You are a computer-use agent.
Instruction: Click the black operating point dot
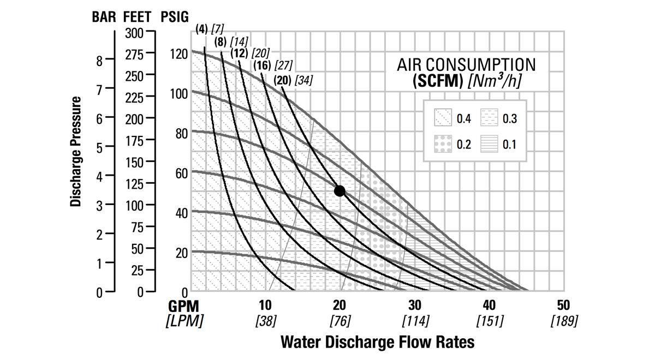340,190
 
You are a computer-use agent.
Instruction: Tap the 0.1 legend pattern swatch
489,145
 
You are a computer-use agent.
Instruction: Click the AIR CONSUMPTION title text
466,65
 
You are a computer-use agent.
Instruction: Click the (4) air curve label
201,29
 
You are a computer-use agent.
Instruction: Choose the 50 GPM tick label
564,305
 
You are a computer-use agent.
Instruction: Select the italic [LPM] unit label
184,320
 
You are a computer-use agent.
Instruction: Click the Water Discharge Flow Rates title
377,343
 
